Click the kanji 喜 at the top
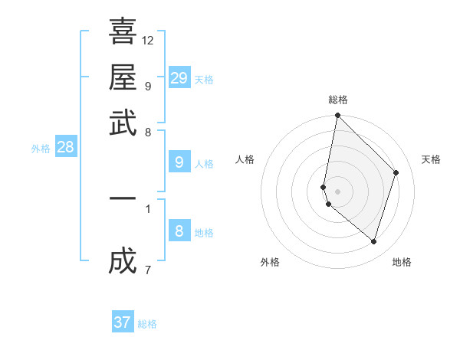(x=123, y=31)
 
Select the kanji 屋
(x=123, y=77)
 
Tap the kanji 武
(x=123, y=123)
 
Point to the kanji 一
(x=123, y=198)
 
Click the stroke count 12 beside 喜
(x=148, y=40)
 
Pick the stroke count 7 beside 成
(x=147, y=270)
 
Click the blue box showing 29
(x=179, y=78)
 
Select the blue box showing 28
(x=65, y=147)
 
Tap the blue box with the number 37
(x=123, y=322)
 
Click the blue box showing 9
(x=179, y=162)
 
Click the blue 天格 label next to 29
(x=204, y=80)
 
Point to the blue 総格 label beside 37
(x=147, y=324)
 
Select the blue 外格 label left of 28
(x=41, y=149)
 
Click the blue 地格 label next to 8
(x=204, y=233)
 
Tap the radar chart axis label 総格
(x=337, y=100)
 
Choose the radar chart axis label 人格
(x=245, y=159)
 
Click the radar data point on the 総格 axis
(x=337, y=116)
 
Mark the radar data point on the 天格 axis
(x=396, y=172)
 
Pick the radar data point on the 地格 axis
(x=373, y=242)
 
